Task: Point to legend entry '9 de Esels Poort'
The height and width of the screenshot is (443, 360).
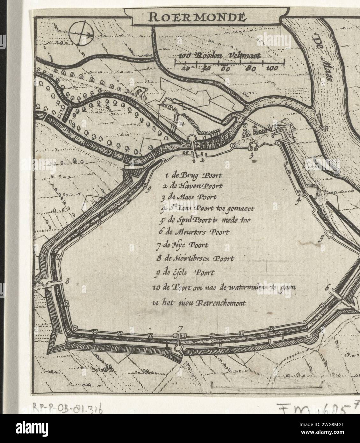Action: pos(184,273)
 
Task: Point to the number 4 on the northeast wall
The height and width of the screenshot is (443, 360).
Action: pos(299,200)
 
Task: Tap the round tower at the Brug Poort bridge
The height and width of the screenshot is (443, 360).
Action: pos(192,139)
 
